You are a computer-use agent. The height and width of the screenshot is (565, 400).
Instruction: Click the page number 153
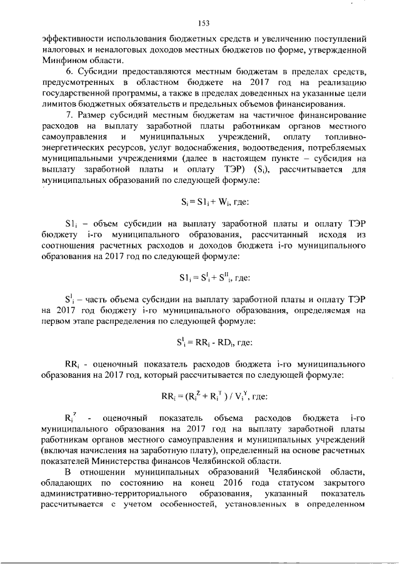[x=202, y=23]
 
